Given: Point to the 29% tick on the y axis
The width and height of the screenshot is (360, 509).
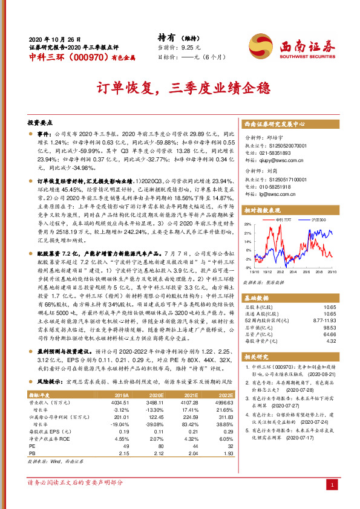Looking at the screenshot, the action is click(x=247, y=224).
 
